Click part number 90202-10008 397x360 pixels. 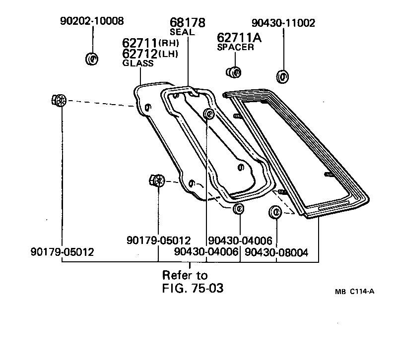tap(92, 21)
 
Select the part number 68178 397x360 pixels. tap(188, 22)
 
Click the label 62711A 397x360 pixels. tap(239, 38)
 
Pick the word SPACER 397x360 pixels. tap(236, 48)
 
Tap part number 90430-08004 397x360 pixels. tap(276, 252)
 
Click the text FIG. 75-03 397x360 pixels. tap(193, 288)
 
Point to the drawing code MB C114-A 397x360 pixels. tap(354, 292)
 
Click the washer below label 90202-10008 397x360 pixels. tap(92, 59)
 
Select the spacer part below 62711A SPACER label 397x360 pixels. tap(233, 72)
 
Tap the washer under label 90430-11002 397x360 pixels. tap(283, 77)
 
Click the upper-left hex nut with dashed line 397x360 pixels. tap(59, 100)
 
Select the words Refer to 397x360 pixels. tap(185, 275)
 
